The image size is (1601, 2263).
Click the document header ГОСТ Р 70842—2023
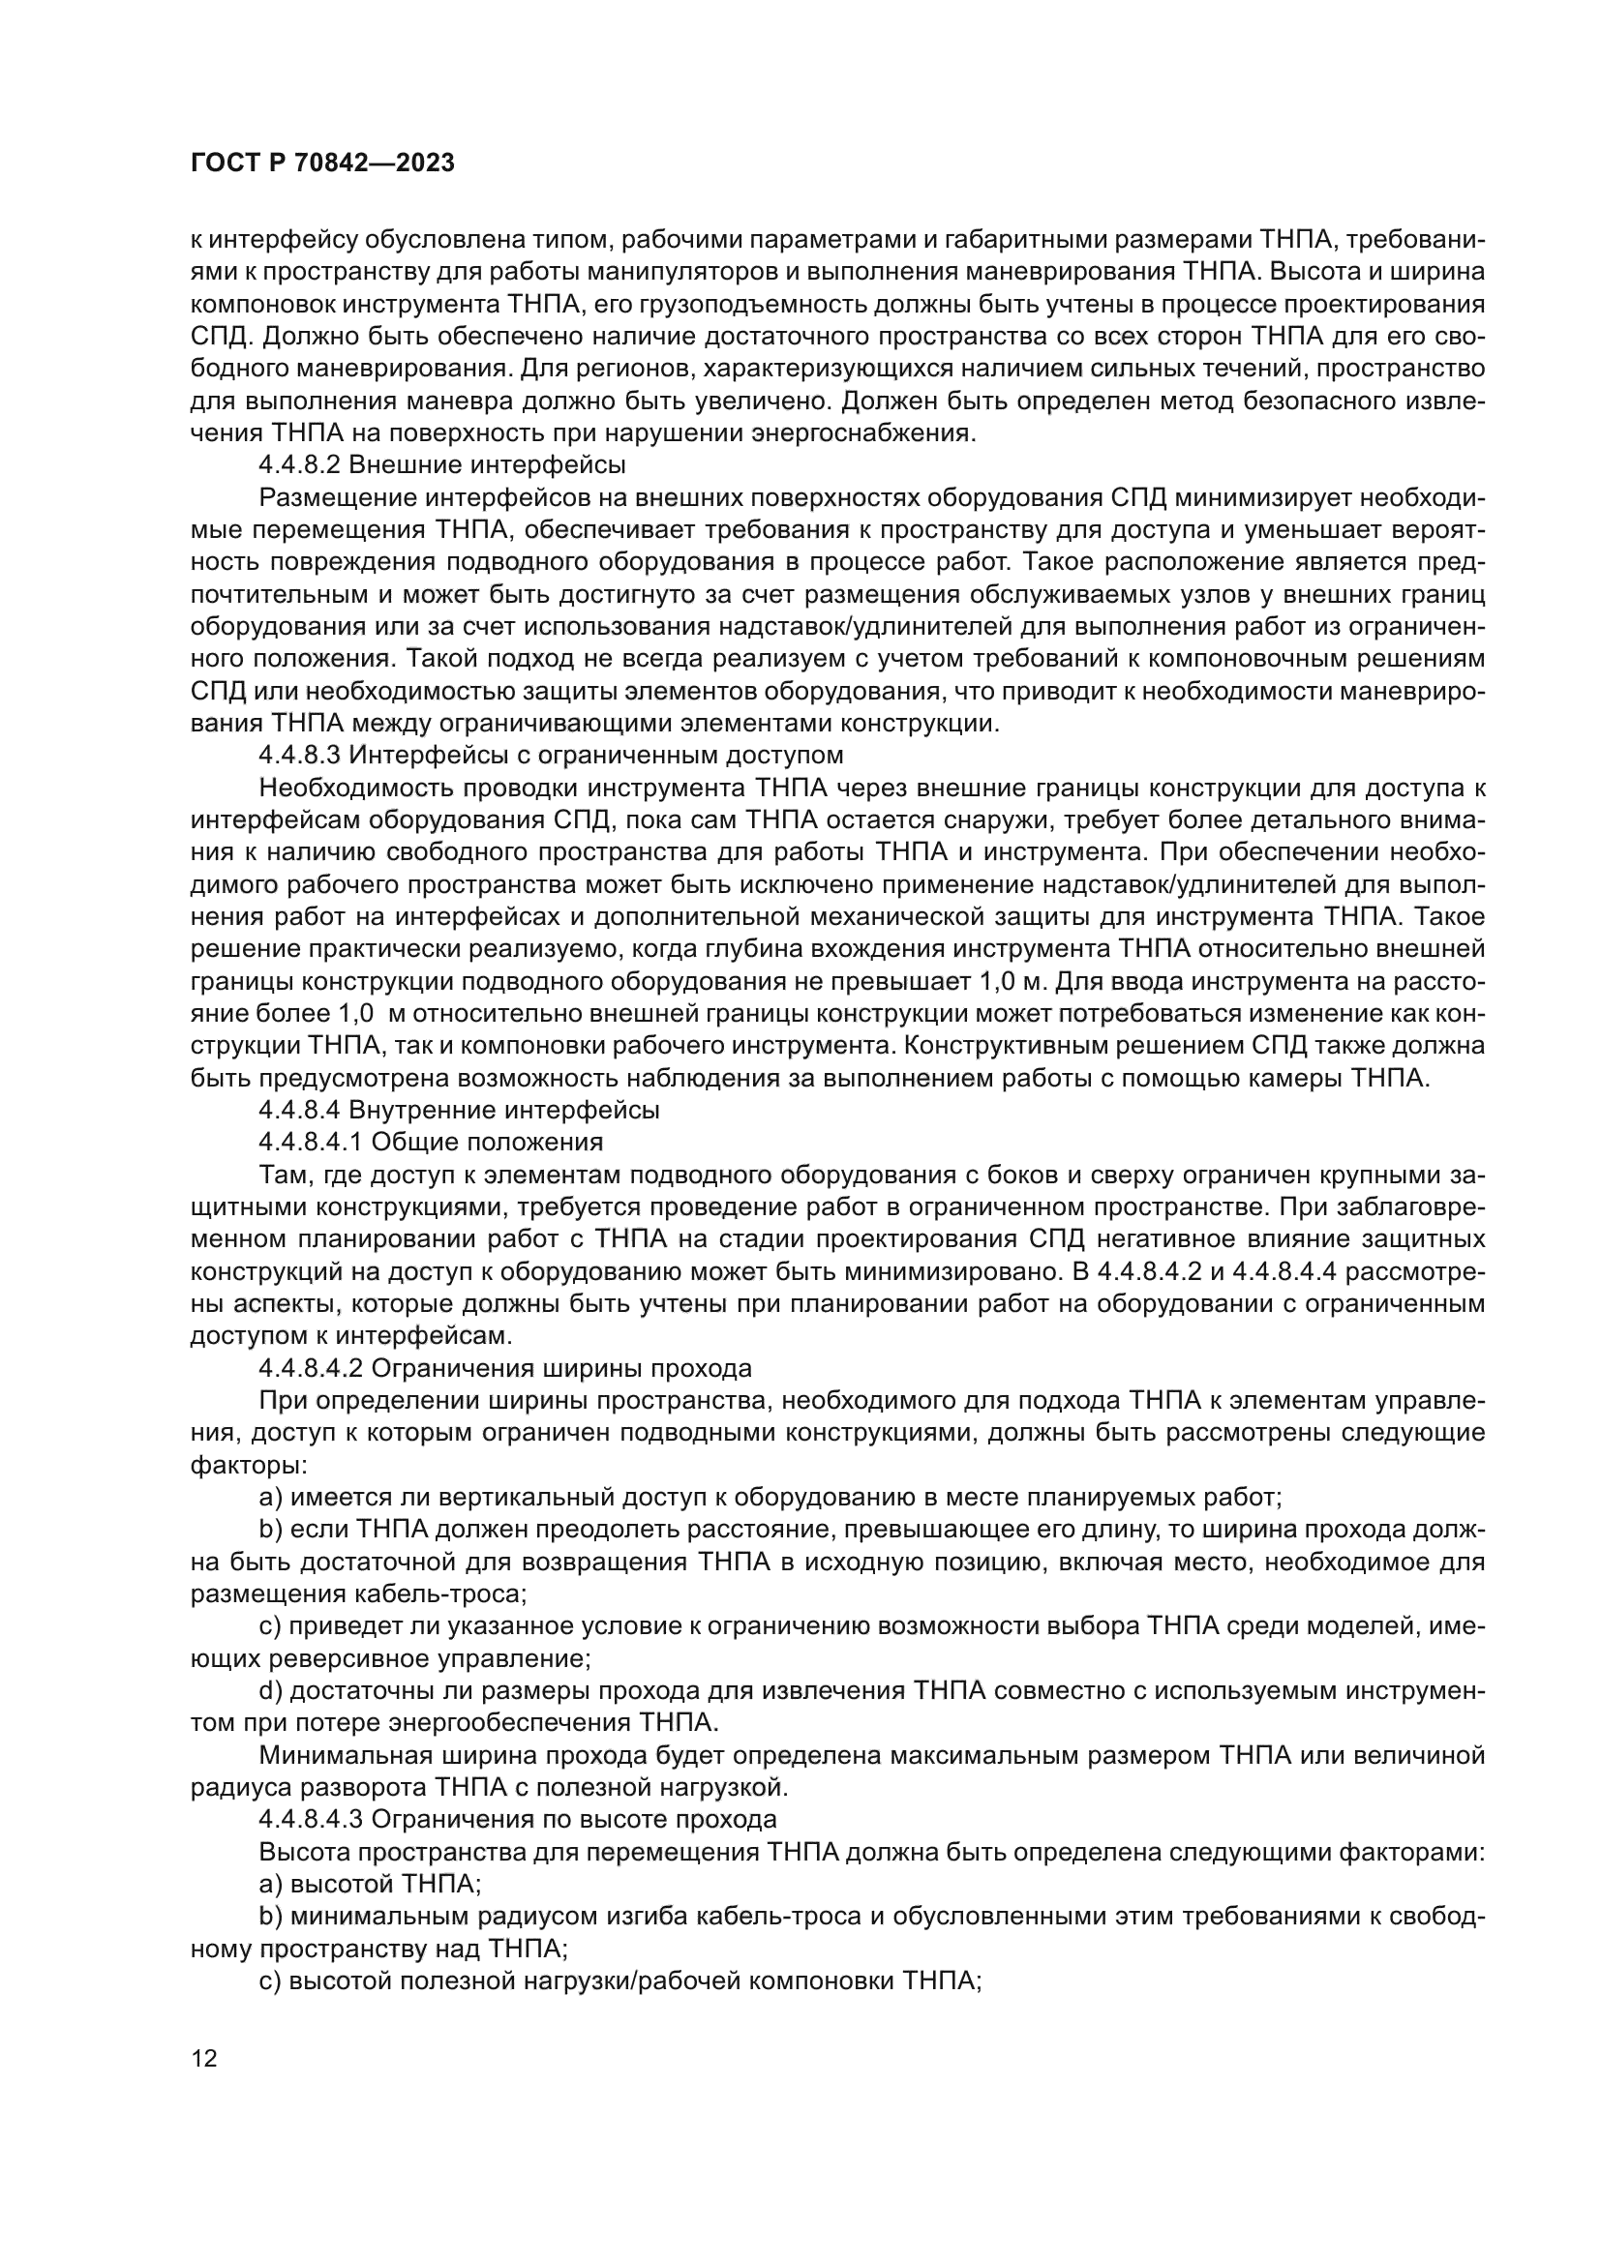pyautogui.click(x=322, y=164)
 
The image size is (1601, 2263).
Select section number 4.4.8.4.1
pyautogui.click(x=310, y=1143)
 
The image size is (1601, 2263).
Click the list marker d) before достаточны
pyautogui.click(x=271, y=1691)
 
